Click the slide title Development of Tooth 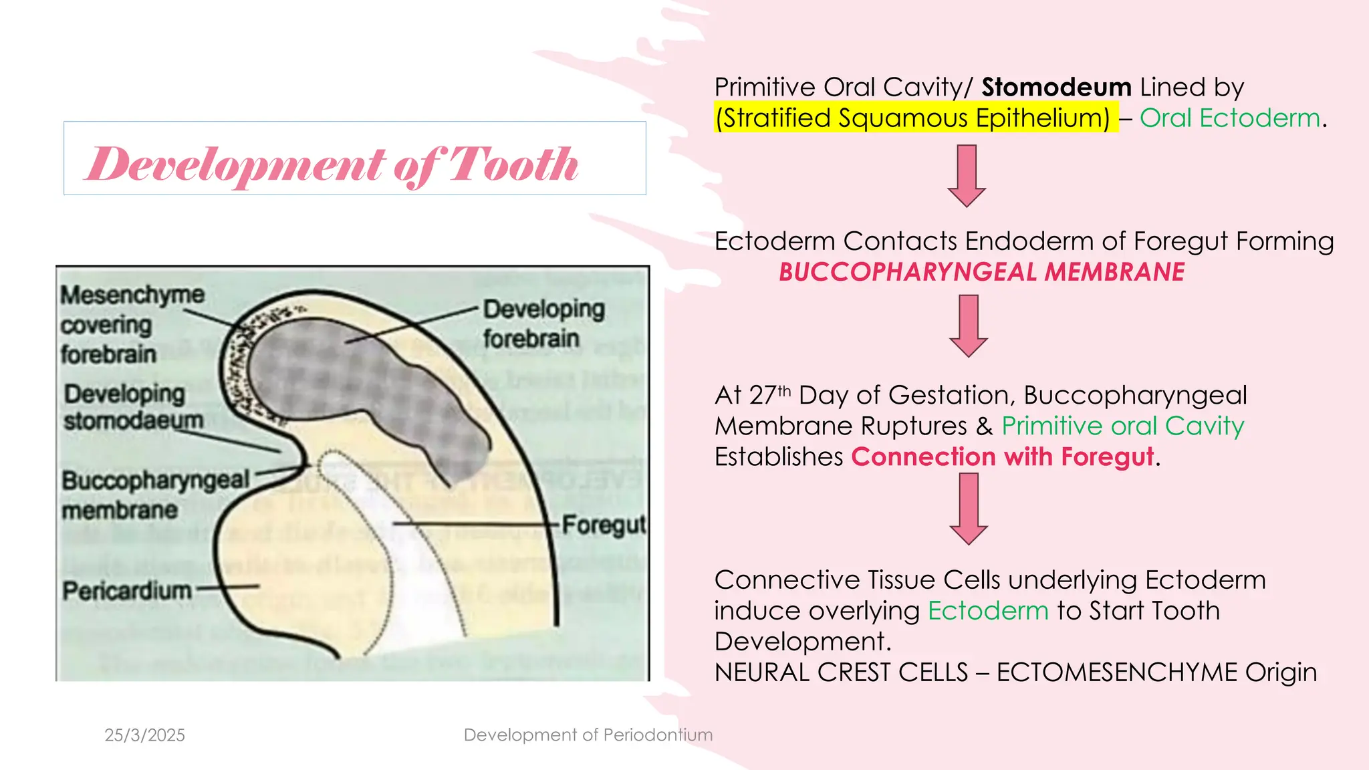click(332, 164)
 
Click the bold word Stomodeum click(1055, 88)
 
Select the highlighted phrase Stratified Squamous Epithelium click(912, 118)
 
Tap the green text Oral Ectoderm click(1230, 118)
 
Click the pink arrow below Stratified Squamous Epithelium click(967, 175)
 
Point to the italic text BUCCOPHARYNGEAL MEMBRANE click(981, 272)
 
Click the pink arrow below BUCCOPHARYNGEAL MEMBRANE click(968, 326)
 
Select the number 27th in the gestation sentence click(770, 395)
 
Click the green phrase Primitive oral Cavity click(1122, 426)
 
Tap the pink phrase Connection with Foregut click(1002, 457)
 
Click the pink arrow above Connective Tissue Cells click(968, 508)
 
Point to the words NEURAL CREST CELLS click(841, 672)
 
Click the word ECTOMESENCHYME click(1116, 672)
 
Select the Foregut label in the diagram click(604, 525)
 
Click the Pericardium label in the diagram click(127, 591)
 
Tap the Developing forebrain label click(543, 324)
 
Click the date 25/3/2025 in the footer click(145, 735)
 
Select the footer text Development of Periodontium click(588, 735)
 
